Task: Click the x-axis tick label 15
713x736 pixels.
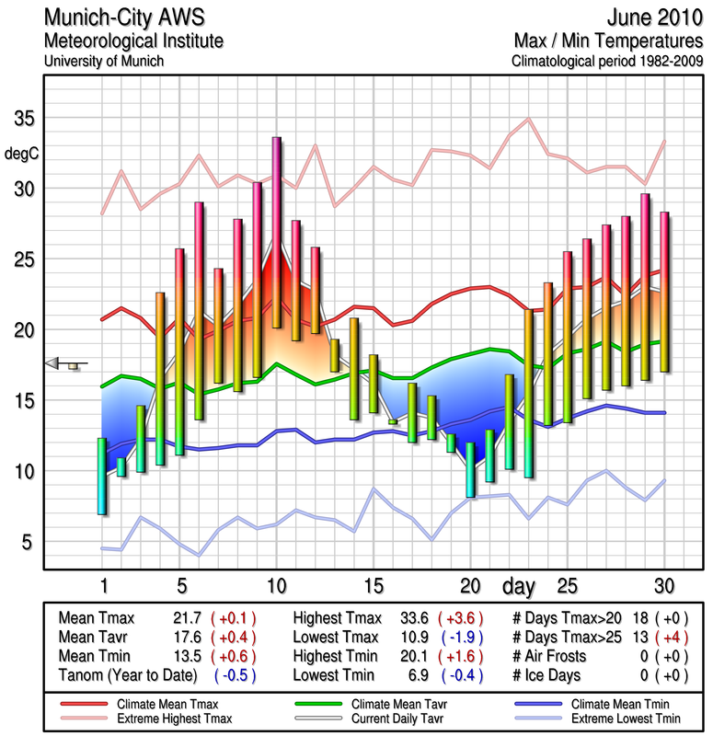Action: coord(374,585)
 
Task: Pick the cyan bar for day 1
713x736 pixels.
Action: coord(102,476)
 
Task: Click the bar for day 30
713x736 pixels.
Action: coord(664,292)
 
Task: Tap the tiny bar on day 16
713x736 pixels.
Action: coord(393,421)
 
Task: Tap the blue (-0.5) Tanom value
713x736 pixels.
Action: coord(234,673)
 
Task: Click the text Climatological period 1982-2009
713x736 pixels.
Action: coord(607,62)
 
